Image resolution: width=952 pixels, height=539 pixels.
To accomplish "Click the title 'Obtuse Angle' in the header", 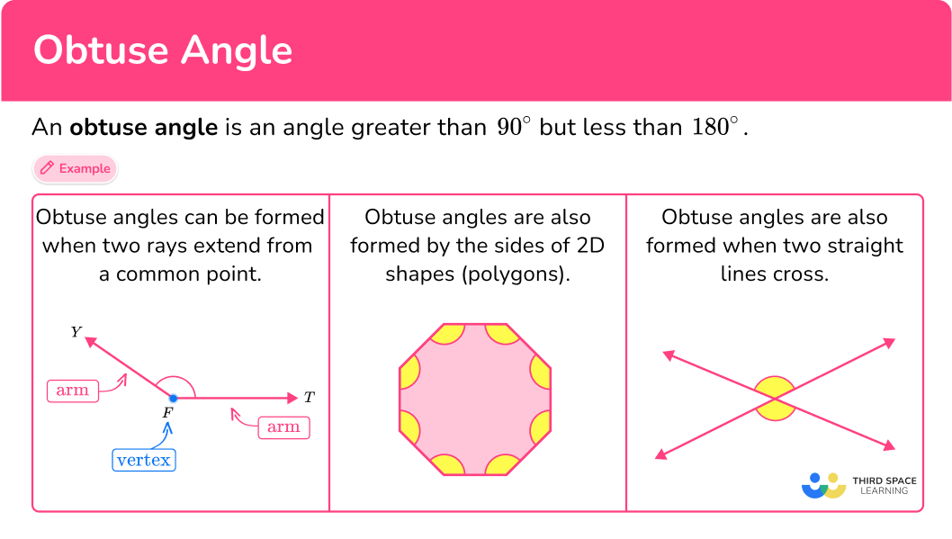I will pos(163,50).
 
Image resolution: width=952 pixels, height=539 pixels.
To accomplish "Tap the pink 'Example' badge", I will pos(76,168).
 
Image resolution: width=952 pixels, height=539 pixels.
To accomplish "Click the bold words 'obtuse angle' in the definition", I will pos(144,127).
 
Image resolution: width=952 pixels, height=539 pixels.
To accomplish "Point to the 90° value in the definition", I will pos(514,127).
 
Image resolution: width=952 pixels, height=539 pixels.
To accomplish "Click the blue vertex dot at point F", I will pos(173,397).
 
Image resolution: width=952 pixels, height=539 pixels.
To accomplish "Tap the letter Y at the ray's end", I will pos(76,333).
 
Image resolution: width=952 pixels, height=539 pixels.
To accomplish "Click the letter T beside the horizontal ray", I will pos(309,397).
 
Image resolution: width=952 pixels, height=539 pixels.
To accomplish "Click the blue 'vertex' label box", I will pos(144,460).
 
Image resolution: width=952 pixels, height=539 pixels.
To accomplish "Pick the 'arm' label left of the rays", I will pos(72,391).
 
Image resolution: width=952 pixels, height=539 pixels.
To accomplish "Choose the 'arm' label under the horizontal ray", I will pos(283,427).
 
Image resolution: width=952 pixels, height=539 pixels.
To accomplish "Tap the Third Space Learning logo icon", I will pos(823,486).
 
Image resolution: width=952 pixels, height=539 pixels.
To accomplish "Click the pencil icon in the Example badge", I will pos(48,168).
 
